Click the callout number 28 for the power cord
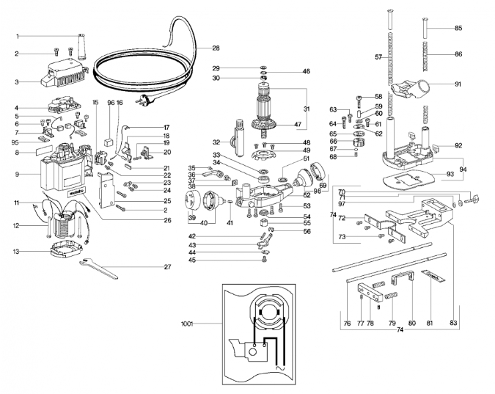(x=216, y=48)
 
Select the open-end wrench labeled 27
(x=98, y=269)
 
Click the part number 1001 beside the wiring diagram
(x=187, y=324)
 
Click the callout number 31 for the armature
(x=307, y=109)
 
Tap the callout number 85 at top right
(x=458, y=28)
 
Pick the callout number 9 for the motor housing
(x=17, y=174)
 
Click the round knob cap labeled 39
(x=192, y=200)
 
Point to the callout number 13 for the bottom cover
(x=16, y=252)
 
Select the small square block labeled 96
(x=109, y=141)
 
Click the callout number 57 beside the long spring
(x=378, y=57)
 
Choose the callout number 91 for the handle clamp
(x=458, y=84)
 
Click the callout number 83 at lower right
(x=453, y=323)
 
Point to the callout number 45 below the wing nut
(x=192, y=260)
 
